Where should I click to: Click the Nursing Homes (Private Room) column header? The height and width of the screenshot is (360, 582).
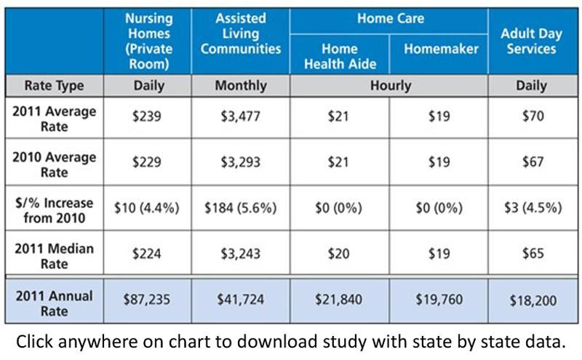[x=148, y=41]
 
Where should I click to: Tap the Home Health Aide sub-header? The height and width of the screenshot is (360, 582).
[x=340, y=56]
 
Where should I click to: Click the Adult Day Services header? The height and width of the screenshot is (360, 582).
[x=531, y=41]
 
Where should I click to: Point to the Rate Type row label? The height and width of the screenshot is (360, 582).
[x=54, y=86]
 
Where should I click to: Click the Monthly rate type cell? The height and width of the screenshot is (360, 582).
[x=241, y=86]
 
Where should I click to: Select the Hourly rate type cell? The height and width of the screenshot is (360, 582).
[x=391, y=86]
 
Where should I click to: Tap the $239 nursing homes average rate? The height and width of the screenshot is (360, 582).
[x=147, y=116]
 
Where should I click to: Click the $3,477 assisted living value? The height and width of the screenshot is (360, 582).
[x=241, y=116]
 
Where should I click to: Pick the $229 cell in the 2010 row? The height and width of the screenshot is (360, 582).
[x=147, y=162]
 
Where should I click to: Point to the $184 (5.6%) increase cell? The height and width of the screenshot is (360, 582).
[x=241, y=208]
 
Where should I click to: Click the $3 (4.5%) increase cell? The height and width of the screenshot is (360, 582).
[x=533, y=208]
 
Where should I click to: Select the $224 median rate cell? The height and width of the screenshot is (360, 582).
[x=147, y=254]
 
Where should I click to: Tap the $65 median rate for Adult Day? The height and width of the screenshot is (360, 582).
[x=533, y=254]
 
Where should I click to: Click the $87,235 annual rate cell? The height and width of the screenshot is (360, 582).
[x=147, y=300]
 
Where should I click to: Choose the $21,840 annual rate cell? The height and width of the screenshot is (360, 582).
[x=338, y=300]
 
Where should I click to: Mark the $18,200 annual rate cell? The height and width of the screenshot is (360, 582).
[x=533, y=300]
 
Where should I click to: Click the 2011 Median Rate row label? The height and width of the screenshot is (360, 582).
[x=54, y=256]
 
